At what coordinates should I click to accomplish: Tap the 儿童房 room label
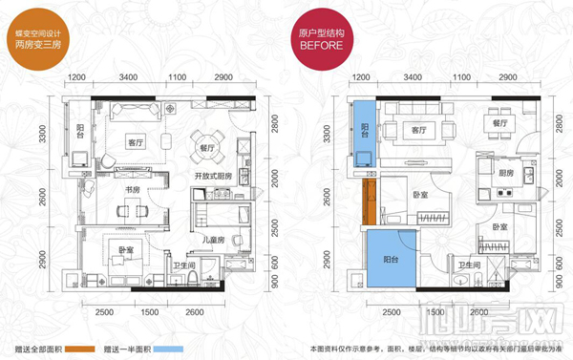point(214,240)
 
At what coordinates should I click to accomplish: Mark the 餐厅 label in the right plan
point(499,123)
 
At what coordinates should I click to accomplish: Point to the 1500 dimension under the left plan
point(148,311)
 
